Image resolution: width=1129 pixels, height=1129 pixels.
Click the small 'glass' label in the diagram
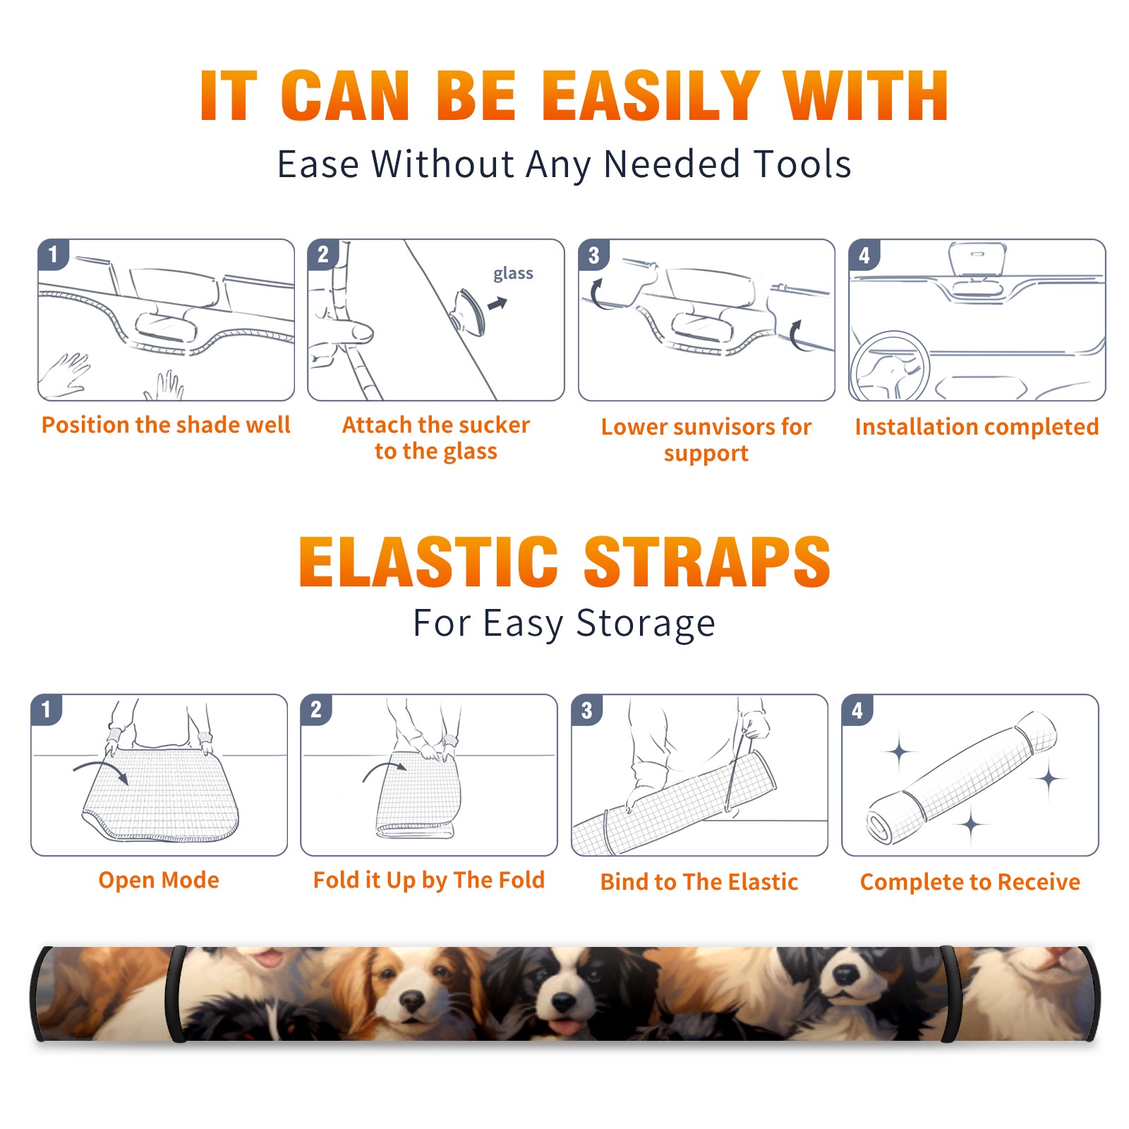[513, 274]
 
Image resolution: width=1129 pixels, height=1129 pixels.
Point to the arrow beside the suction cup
[497, 303]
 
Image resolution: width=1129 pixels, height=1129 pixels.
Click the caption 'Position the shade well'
[166, 425]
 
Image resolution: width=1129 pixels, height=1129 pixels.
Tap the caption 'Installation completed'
[977, 427]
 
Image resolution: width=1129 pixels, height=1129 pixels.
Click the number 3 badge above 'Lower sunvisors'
[593, 255]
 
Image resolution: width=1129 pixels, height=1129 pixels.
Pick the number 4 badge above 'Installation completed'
[864, 255]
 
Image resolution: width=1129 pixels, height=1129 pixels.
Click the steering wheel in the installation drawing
[890, 367]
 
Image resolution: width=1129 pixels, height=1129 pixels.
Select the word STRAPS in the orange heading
[707, 562]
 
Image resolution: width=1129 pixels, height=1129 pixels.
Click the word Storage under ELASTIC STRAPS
[645, 624]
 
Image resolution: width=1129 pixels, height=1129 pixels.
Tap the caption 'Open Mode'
[159, 880]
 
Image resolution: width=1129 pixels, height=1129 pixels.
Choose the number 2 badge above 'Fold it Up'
[316, 710]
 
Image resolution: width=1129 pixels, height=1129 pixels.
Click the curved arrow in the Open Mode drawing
[101, 770]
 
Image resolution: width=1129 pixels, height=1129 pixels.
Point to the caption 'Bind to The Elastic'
[699, 882]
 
